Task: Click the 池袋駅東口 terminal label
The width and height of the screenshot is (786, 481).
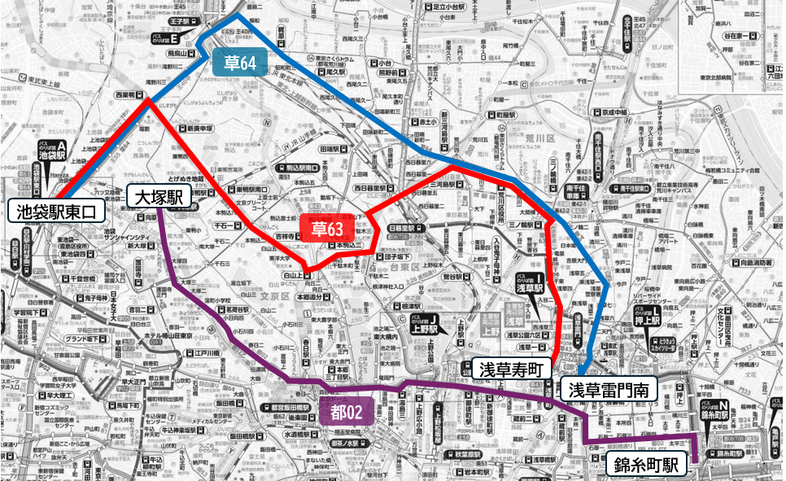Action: tap(56, 212)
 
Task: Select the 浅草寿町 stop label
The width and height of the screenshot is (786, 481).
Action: tap(509, 368)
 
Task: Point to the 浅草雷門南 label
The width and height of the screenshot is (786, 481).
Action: tap(609, 389)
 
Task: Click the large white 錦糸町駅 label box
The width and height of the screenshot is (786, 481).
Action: tap(646, 465)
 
